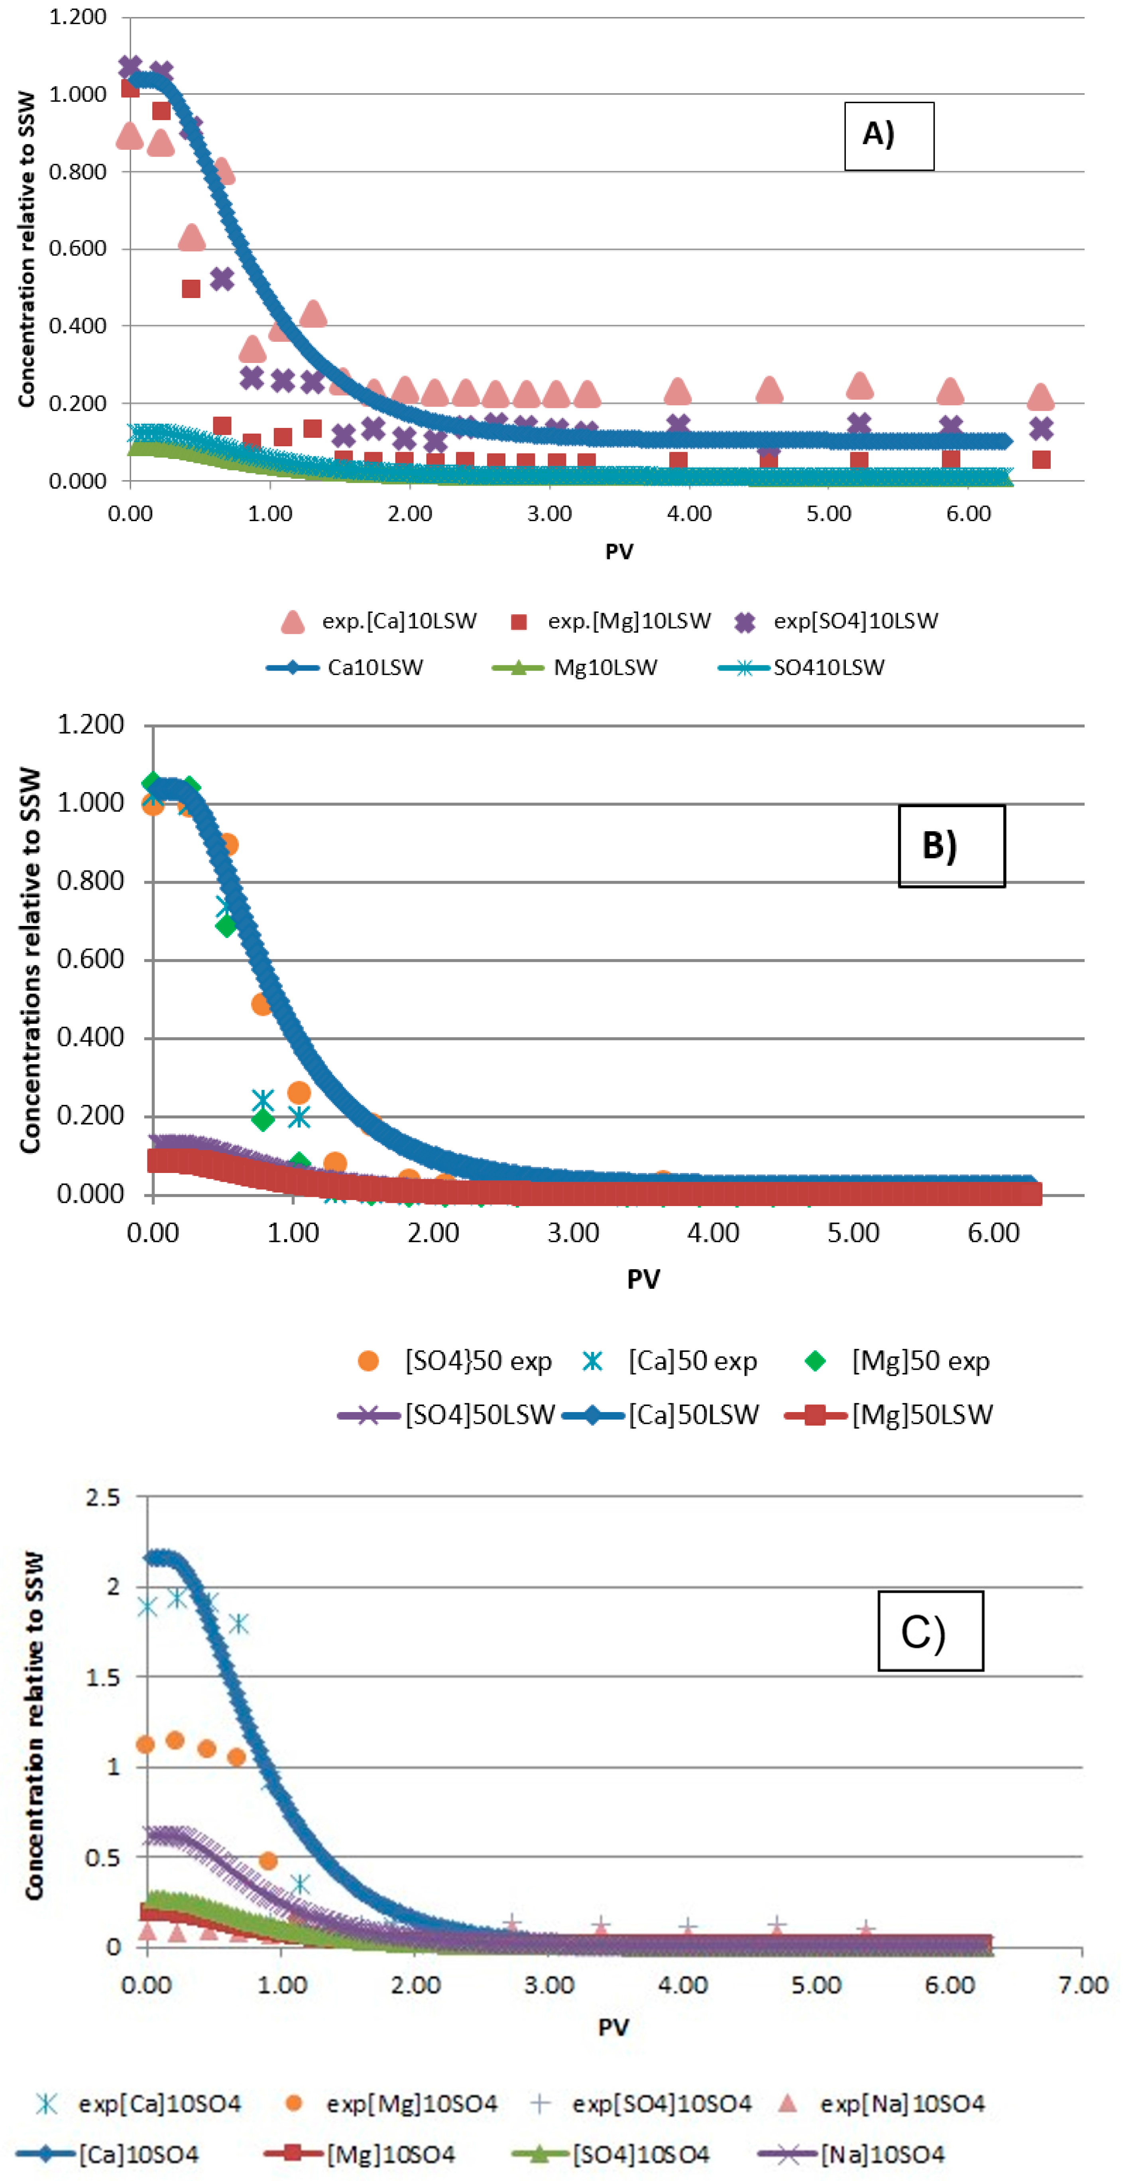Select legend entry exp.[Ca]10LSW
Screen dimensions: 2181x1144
tap(379, 622)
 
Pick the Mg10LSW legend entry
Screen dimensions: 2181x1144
tap(575, 668)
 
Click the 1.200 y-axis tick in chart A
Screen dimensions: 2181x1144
tap(78, 17)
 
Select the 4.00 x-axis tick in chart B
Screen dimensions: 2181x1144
tap(713, 1233)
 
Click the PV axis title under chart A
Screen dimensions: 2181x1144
tap(619, 552)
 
